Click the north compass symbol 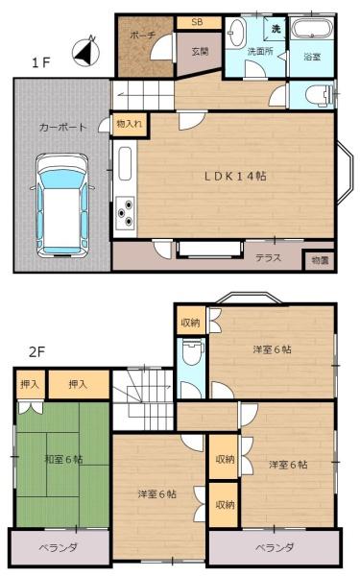[86, 51]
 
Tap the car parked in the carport [62, 205]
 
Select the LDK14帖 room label [235, 176]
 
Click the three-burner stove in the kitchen [125, 213]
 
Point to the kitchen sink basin [125, 164]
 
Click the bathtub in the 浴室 [312, 30]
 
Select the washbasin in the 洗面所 [236, 33]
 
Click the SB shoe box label [197, 22]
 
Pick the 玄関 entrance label [201, 52]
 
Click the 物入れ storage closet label [129, 124]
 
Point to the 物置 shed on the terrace [320, 260]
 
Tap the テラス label [269, 258]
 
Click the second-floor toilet [193, 351]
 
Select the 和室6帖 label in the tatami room [64, 459]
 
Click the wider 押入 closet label [78, 384]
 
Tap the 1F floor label [40, 62]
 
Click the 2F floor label [36, 352]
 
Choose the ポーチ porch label [143, 36]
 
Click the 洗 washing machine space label [276, 29]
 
